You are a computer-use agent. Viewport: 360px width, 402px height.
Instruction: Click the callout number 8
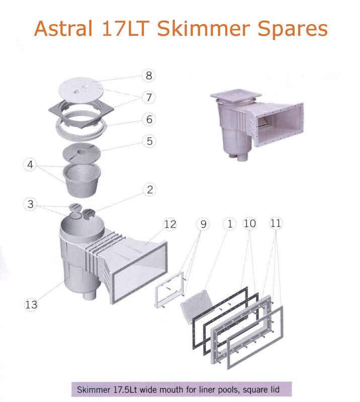148,76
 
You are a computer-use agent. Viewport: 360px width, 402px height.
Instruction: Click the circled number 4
31,164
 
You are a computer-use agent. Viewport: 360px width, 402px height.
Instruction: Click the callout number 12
170,224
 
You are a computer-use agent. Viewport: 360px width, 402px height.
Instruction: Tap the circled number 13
31,304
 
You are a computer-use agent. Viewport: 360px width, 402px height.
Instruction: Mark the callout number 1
230,224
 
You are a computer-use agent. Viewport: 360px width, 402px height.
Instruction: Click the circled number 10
250,224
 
